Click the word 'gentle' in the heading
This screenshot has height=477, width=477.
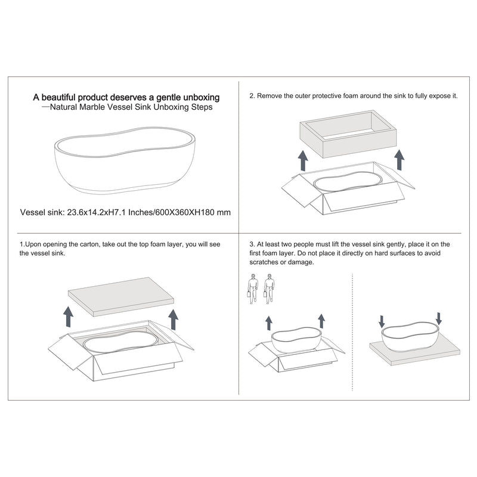pos(169,98)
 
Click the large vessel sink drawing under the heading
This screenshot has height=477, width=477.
pos(125,160)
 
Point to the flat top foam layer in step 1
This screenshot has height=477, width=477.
pos(121,296)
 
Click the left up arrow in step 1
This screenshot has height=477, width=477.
pos(68,317)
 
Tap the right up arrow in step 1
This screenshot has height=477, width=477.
pos(173,320)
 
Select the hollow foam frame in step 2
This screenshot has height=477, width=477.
pos(348,134)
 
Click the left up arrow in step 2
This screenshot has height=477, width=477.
pos(303,160)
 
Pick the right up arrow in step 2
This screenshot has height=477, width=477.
pos(399,159)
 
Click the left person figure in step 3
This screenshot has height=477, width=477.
pos(252,289)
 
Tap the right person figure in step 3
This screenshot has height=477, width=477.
pos(269,289)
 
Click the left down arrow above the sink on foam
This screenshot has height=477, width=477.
pos(382,321)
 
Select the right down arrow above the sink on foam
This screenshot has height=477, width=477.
pos(438,318)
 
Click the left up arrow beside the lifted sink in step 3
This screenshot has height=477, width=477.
pos(269,323)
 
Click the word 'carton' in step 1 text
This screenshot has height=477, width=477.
pos(90,244)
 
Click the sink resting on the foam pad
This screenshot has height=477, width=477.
pos(411,337)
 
